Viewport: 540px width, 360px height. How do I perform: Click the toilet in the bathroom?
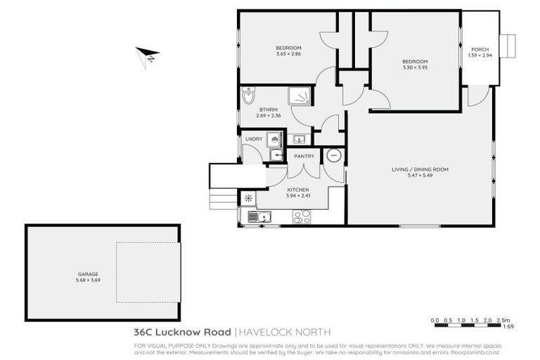coord(248,96)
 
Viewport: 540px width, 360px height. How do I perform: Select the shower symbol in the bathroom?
coord(299,96)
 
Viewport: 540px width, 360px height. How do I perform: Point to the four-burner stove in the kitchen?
coord(302,217)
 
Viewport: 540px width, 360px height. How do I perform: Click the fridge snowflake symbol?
coord(248,199)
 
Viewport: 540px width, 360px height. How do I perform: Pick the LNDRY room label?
coord(254,139)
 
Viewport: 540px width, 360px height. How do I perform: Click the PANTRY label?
coord(304,156)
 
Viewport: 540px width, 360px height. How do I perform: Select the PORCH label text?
coord(480,49)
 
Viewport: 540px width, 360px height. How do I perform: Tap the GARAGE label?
coord(88,274)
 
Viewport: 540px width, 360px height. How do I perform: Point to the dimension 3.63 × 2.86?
coord(288,53)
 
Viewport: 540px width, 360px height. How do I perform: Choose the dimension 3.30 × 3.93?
coord(415,67)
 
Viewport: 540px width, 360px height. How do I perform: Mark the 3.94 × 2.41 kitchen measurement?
coord(297,195)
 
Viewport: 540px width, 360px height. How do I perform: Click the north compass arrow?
coord(148,54)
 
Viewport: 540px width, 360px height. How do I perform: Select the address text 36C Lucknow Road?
coord(182,332)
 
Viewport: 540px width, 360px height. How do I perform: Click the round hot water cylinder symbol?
coord(334,155)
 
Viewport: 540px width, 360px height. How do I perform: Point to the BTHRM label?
coord(269,109)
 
